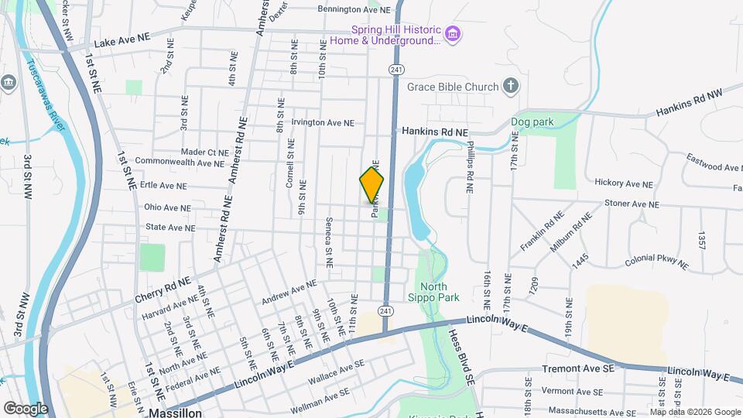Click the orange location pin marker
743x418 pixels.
click(372, 185)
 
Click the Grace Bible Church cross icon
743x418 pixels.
click(510, 87)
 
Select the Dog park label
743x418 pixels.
click(532, 122)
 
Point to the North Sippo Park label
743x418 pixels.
click(433, 291)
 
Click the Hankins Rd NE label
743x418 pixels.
click(435, 132)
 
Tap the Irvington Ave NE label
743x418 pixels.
click(323, 122)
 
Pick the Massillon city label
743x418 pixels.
click(176, 413)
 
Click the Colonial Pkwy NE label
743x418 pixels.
click(656, 262)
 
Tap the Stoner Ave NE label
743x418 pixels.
click(632, 204)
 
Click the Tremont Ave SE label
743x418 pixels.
click(578, 368)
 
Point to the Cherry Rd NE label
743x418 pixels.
click(162, 290)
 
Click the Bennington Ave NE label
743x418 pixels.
click(350, 9)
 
